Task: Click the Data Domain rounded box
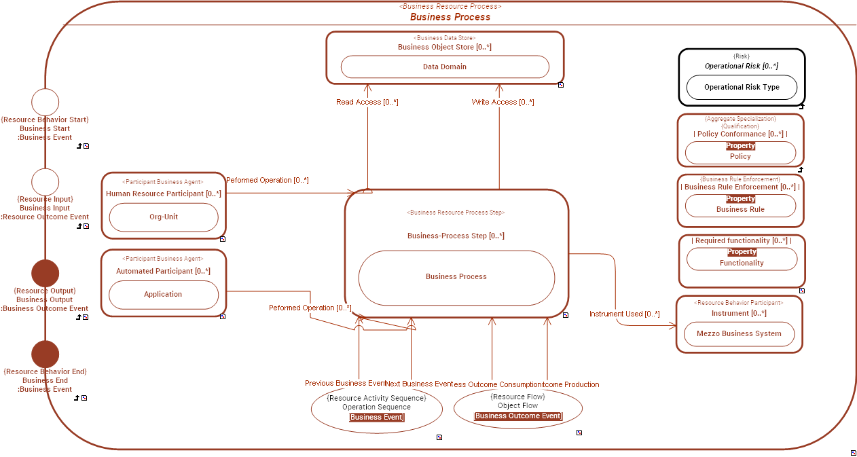444,67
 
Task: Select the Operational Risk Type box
742,88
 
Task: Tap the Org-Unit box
163,217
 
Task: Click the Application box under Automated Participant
163,295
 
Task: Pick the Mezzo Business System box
739,333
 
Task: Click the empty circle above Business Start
45,103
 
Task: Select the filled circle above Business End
45,354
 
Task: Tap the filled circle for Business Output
45,273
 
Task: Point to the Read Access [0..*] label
367,102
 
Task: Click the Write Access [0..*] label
503,102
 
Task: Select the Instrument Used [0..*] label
624,314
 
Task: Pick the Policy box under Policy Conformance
740,153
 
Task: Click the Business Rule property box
740,206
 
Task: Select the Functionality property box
742,259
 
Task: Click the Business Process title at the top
450,17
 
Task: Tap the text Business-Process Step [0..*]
456,236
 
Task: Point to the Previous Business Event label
345,384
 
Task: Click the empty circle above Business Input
45,183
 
